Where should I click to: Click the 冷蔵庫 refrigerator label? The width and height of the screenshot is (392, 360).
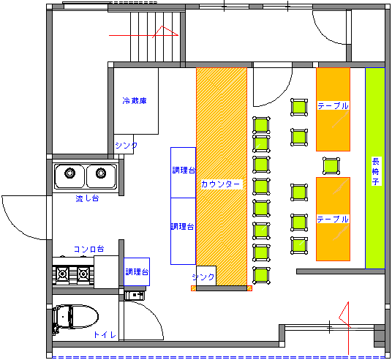[135, 100]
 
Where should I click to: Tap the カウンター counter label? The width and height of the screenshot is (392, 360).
[221, 184]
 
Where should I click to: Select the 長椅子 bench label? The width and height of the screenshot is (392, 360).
[375, 171]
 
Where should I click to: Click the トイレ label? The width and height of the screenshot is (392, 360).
[105, 334]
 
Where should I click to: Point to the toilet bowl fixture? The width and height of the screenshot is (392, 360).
[75, 317]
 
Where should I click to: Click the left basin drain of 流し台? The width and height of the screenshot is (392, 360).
[69, 173]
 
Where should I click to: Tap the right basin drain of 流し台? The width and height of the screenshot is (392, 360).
[101, 173]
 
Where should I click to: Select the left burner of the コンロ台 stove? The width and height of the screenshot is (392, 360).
[62, 274]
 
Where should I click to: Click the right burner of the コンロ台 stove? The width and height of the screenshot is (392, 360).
[83, 274]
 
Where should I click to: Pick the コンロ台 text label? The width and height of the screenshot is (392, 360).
[88, 249]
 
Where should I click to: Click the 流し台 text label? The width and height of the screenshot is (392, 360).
[87, 198]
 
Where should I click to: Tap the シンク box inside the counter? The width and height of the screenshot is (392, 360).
[206, 276]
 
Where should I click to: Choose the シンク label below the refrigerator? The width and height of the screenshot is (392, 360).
[126, 145]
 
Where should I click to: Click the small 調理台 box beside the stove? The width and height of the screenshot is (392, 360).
[137, 271]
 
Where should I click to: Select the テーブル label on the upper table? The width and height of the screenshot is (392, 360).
[333, 106]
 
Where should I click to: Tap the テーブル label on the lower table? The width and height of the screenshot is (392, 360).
[333, 220]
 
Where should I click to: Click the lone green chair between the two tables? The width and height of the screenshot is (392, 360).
[331, 165]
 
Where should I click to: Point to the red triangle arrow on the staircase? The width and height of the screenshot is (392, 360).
[165, 31]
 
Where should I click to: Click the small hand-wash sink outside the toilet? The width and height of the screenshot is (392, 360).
[135, 296]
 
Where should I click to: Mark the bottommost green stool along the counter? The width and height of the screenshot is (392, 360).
[261, 275]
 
